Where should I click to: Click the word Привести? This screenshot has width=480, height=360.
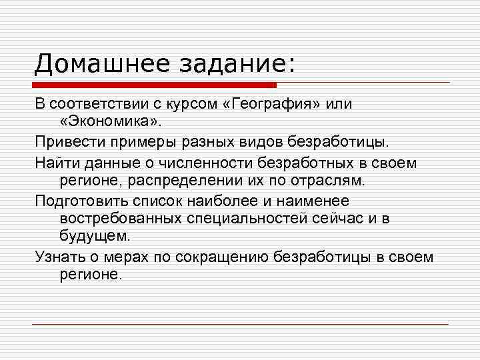[x=66, y=143]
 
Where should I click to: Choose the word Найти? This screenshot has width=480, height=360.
[x=56, y=162]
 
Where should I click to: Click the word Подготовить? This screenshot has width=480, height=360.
[x=81, y=200]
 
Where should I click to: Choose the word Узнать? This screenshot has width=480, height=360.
[x=58, y=257]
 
